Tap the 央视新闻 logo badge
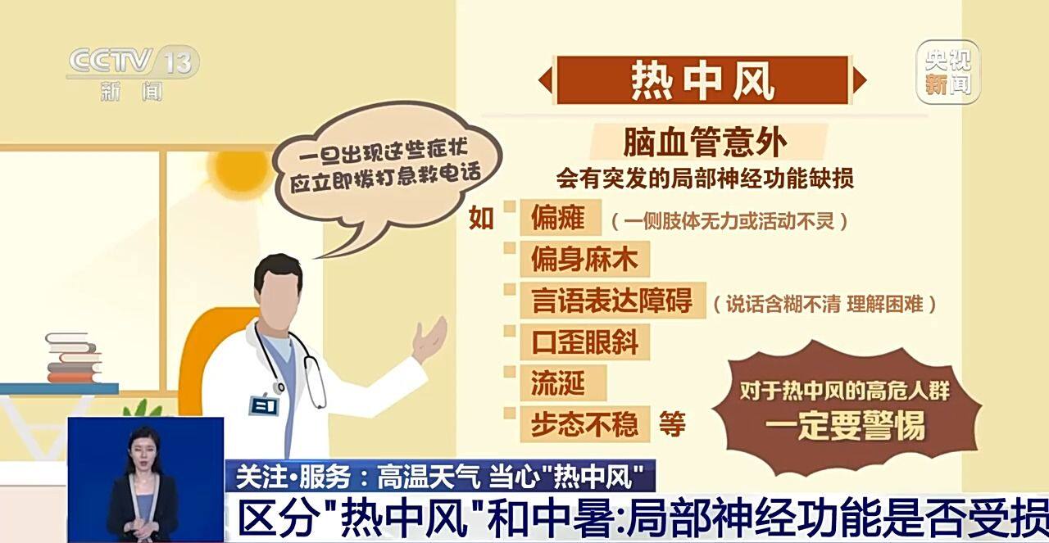pos(947,73)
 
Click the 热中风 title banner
pos(702,80)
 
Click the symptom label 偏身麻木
pos(584,260)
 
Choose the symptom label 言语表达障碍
pos(611,301)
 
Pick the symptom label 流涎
pos(556,382)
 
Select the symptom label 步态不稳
pos(584,423)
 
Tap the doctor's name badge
pos(264,405)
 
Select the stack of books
pos(73,358)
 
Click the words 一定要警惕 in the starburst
pos(845,426)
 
